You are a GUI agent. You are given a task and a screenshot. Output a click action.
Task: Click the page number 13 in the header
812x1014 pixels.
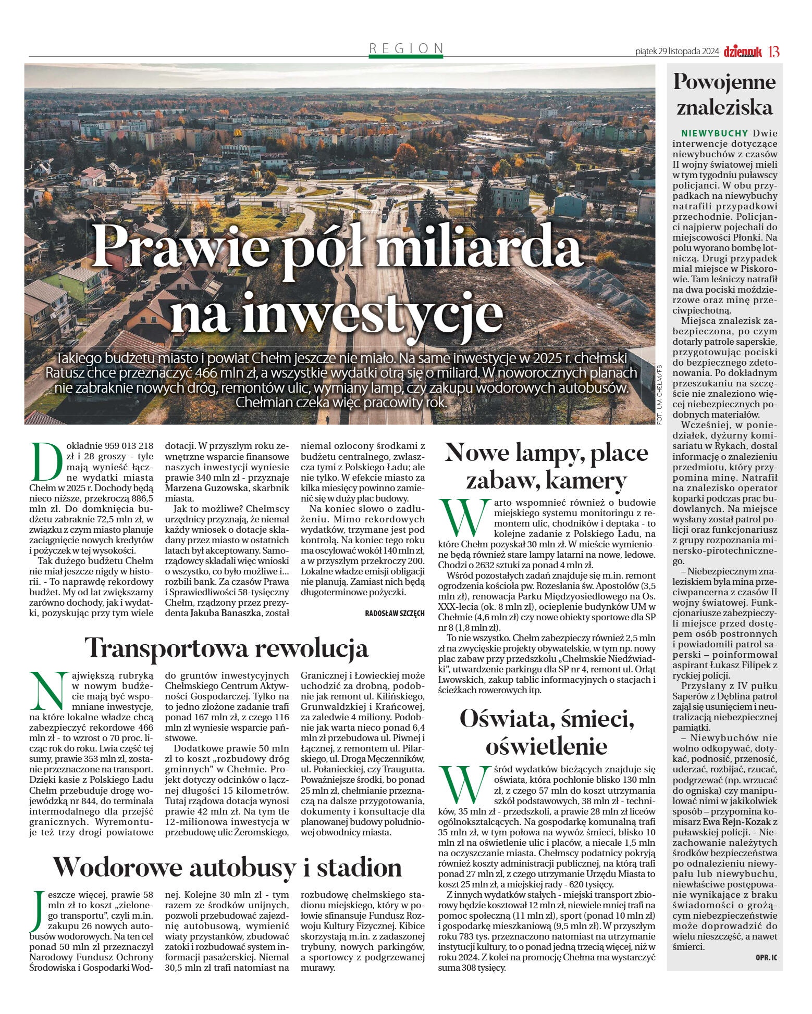tap(774, 52)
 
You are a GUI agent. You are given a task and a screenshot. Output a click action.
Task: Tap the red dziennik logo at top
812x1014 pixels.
tap(742, 51)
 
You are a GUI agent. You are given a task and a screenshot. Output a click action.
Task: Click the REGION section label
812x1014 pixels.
tap(406, 48)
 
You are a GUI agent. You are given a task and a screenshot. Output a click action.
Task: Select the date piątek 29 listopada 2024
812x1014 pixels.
tap(677, 52)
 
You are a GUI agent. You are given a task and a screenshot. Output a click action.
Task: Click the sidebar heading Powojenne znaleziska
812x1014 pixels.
tap(724, 94)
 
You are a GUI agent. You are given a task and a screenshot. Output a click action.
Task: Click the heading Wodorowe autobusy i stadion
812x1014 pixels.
tap(227, 867)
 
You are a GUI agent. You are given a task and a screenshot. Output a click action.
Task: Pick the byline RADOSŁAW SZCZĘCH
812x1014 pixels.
tap(395, 614)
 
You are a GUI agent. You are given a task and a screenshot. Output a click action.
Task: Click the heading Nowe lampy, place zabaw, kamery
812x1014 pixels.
tap(546, 466)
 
